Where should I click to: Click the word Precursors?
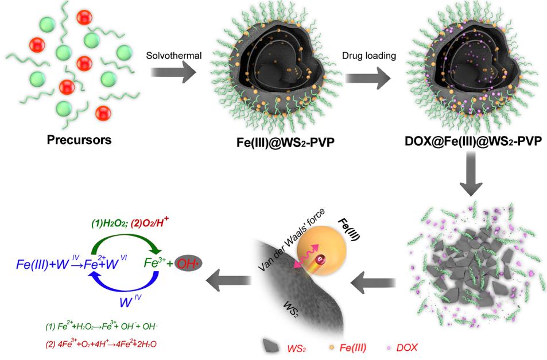click(x=79, y=140)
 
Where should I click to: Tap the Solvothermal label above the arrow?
click(x=174, y=56)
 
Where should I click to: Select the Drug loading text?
click(x=368, y=56)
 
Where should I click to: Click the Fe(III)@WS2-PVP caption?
click(x=285, y=142)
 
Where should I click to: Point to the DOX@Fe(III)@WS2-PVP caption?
click(x=474, y=141)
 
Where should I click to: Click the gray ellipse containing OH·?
click(x=188, y=264)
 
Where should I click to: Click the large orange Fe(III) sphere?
click(x=321, y=250)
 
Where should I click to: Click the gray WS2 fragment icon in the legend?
click(x=271, y=346)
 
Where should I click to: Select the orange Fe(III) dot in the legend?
click(x=332, y=347)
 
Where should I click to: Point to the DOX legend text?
click(x=407, y=347)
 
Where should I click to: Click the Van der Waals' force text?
click(x=292, y=239)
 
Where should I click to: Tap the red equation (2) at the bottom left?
click(x=101, y=344)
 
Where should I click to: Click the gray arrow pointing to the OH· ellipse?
click(x=228, y=280)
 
